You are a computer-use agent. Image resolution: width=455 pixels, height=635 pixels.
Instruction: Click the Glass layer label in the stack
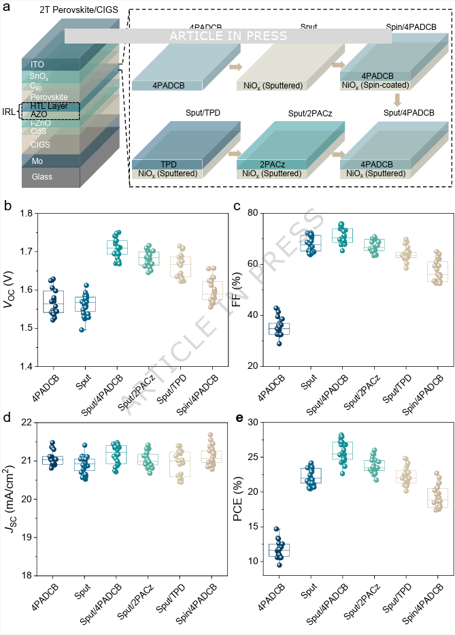click(x=41, y=177)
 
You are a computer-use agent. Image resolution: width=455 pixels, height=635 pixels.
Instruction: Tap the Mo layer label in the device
click(x=37, y=161)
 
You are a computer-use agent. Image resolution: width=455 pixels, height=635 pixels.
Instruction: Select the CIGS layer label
click(x=41, y=144)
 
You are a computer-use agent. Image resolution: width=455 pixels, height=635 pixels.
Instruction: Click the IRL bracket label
click(x=10, y=110)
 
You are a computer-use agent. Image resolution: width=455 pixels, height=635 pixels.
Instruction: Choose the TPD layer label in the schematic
click(x=167, y=164)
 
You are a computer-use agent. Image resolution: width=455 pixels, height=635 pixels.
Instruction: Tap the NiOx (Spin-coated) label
click(x=376, y=85)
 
